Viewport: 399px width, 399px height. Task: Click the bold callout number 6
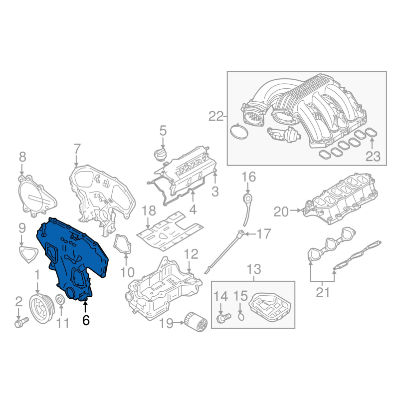pos(86,321)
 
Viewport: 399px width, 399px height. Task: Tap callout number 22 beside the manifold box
pos(217,117)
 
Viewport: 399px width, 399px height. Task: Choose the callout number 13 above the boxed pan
pos(254,270)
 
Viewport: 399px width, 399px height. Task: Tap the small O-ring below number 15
pos(240,316)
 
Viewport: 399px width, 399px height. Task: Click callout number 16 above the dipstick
pos(248,177)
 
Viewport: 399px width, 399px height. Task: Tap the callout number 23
pos(372,157)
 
